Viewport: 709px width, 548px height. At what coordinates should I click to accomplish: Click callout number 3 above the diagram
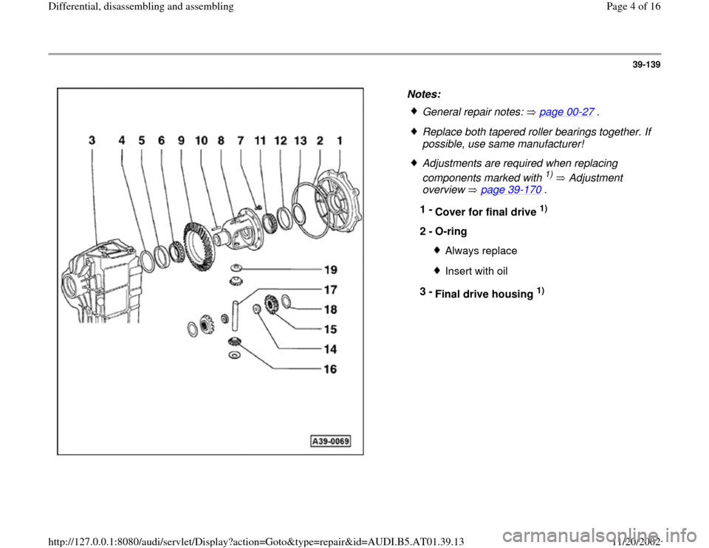point(92,140)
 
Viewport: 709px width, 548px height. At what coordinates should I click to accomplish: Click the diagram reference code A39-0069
point(330,442)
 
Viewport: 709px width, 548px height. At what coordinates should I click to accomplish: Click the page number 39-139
point(643,65)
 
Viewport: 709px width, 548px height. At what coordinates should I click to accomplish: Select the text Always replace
point(481,251)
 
